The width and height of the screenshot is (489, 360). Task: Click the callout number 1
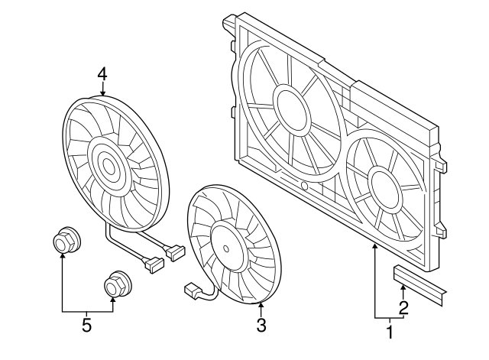pyautogui.click(x=390, y=332)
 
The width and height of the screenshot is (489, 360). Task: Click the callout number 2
pyautogui.click(x=403, y=308)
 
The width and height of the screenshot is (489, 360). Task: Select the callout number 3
pyautogui.click(x=261, y=326)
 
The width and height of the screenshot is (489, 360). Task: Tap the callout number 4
pyautogui.click(x=102, y=74)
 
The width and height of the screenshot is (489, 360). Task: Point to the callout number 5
pyautogui.click(x=86, y=326)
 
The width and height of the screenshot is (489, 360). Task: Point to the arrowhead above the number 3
pyautogui.click(x=261, y=306)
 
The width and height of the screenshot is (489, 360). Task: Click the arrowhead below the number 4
pyautogui.click(x=102, y=92)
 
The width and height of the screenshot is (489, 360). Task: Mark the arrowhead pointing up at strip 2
pyautogui.click(x=403, y=286)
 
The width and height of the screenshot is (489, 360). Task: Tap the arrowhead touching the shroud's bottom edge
pyautogui.click(x=375, y=246)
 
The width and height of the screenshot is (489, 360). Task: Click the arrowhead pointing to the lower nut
pyautogui.click(x=115, y=300)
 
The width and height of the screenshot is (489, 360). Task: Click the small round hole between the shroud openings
pyautogui.click(x=304, y=186)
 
